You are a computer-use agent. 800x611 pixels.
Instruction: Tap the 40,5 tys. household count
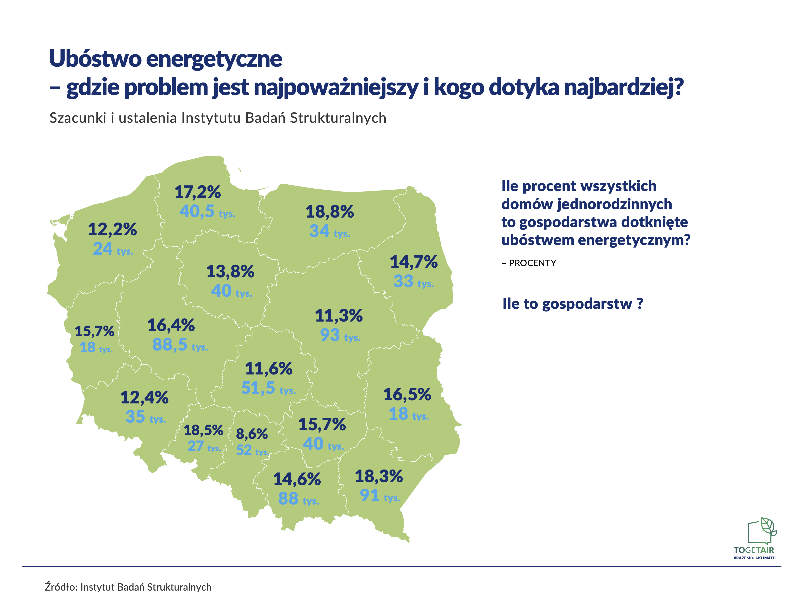pyautogui.click(x=207, y=211)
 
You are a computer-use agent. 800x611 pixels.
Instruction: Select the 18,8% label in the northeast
pyautogui.click(x=329, y=212)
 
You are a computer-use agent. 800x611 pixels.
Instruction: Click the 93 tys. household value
pyautogui.click(x=340, y=335)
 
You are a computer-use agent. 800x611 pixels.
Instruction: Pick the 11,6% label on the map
pyautogui.click(x=269, y=369)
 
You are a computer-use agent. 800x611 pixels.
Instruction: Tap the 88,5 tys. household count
pyautogui.click(x=180, y=344)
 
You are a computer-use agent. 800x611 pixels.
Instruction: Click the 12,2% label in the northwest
pyautogui.click(x=112, y=229)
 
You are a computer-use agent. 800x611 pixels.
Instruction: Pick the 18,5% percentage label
pyautogui.click(x=203, y=431)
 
